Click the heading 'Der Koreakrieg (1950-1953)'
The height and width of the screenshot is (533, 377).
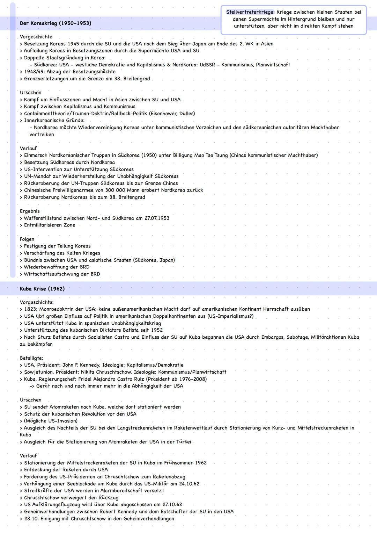click(56, 23)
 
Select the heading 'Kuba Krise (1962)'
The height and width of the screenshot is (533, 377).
click(42, 289)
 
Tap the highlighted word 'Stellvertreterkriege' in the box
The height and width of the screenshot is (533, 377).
click(250, 12)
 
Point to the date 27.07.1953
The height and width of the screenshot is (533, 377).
click(157, 218)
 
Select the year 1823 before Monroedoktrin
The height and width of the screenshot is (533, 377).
click(31, 309)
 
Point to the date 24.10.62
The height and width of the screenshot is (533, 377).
click(188, 484)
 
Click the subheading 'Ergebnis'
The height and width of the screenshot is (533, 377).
click(30, 211)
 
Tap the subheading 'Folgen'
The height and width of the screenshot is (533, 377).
click(27, 239)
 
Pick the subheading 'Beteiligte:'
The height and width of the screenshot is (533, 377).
click(31, 358)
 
